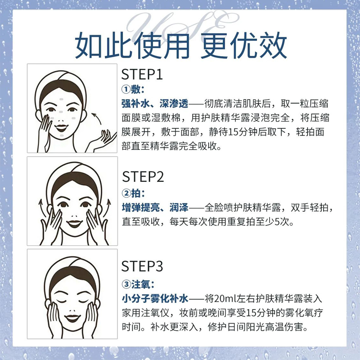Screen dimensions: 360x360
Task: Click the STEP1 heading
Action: click(142, 74)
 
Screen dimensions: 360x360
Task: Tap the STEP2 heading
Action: click(143, 177)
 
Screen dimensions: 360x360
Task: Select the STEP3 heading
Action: click(142, 266)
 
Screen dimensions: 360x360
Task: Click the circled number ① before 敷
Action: click(126, 89)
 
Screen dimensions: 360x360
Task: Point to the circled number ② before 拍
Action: click(126, 193)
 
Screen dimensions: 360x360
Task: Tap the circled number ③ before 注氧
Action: click(126, 284)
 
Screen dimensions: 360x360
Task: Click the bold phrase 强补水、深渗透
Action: click(155, 104)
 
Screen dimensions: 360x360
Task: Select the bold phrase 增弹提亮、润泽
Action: click(155, 207)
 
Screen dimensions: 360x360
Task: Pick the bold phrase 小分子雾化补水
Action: click(155, 299)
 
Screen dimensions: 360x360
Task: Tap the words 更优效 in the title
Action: click(244, 45)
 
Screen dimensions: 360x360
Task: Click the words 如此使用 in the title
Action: click(132, 45)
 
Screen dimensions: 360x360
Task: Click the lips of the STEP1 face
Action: click(61, 127)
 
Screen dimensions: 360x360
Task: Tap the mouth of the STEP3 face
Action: click(72, 318)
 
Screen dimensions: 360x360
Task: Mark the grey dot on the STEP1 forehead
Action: click(62, 99)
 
